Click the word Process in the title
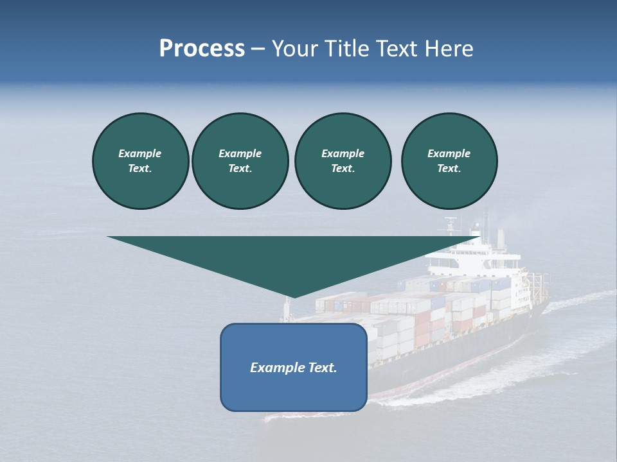202,49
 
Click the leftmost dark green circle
140,160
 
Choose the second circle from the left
240,160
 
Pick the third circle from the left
343,160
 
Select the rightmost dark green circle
449,160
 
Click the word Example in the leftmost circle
140,153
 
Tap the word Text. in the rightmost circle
449,168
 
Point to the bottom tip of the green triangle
294,296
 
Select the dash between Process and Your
258,49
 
